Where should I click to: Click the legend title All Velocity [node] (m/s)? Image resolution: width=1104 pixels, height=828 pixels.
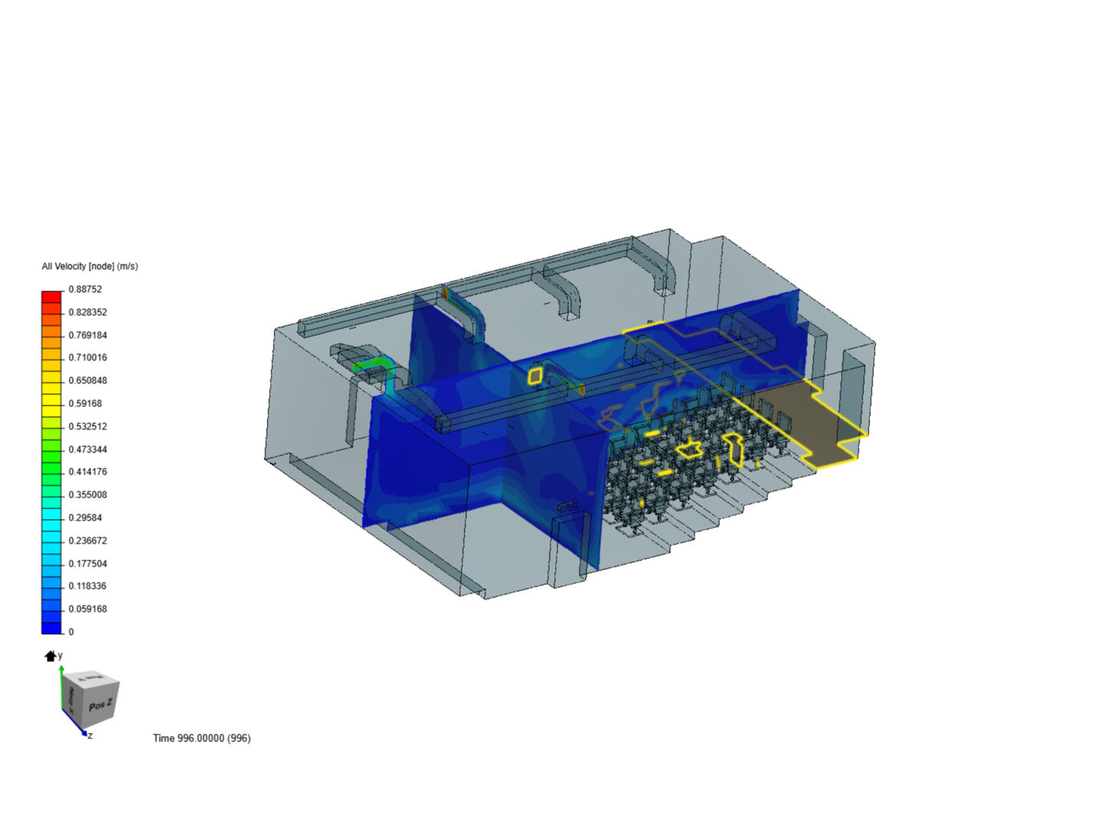90,266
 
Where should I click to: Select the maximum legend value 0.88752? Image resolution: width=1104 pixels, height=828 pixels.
85,289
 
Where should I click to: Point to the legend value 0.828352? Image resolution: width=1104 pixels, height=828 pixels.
87,312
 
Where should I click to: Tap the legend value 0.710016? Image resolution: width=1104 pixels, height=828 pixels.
87,357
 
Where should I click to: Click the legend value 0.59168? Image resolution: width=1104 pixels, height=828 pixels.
85,403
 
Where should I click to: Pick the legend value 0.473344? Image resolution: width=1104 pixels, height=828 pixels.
87,449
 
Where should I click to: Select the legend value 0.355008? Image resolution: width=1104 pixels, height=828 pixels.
87,495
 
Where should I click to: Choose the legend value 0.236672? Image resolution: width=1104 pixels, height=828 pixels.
87,540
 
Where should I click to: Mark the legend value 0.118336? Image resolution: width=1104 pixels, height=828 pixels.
87,586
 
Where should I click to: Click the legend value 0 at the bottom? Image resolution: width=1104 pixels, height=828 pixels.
71,632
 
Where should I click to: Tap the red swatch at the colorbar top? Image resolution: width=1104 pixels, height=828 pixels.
51,296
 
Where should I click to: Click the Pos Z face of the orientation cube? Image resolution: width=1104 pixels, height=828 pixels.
100,705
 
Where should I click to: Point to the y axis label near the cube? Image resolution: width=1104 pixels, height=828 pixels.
61,655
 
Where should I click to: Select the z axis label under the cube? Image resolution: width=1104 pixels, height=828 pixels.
90,736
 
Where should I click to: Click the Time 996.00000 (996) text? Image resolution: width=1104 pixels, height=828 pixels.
202,738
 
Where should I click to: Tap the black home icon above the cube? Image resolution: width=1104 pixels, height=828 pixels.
51,655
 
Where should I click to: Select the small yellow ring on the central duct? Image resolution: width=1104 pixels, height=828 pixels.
535,375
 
